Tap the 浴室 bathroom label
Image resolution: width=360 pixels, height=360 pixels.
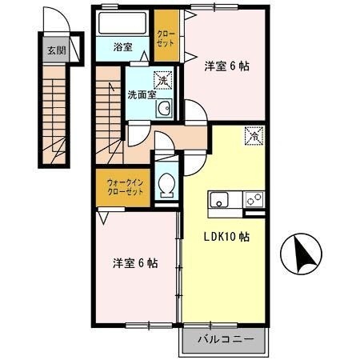pyautogui.click(x=122, y=47)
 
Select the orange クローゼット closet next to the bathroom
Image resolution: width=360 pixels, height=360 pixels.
pyautogui.click(x=166, y=39)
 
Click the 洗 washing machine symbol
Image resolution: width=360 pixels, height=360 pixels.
pyautogui.click(x=163, y=81)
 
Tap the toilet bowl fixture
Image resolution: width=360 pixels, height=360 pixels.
pyautogui.click(x=167, y=186)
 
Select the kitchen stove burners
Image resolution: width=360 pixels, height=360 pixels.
pyautogui.click(x=254, y=198)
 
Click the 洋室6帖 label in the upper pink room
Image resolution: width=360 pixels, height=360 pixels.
pyautogui.click(x=226, y=66)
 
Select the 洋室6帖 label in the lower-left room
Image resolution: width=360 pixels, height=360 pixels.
pyautogui.click(x=134, y=262)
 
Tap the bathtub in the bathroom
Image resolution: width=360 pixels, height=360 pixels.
pyautogui.click(x=122, y=22)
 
